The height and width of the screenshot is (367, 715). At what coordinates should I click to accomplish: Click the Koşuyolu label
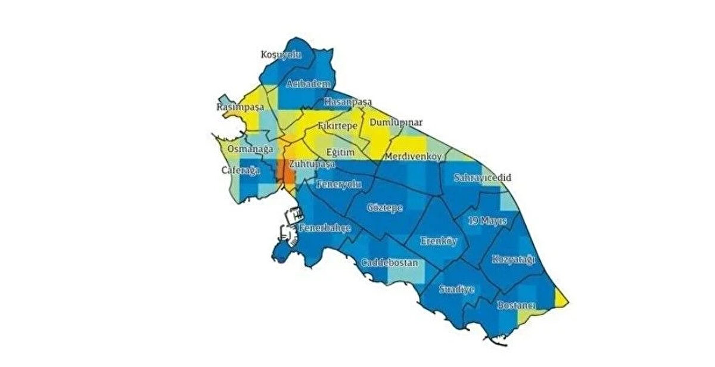(282, 55)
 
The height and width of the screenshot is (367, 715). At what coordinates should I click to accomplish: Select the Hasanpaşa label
(347, 102)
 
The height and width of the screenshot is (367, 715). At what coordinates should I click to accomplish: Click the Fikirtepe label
(337, 127)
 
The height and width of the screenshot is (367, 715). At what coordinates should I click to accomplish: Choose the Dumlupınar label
(396, 123)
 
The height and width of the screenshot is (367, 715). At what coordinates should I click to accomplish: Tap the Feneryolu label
(339, 184)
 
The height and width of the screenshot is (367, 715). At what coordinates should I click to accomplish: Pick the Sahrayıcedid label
(483, 178)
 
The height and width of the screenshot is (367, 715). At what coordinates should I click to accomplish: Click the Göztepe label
(385, 208)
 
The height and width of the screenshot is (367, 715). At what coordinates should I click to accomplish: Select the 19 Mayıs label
(487, 220)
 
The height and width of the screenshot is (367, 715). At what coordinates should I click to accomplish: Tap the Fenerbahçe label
(325, 228)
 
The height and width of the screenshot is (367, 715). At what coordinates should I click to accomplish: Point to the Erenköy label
(438, 241)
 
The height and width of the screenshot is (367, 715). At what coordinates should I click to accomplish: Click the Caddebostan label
(390, 263)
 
